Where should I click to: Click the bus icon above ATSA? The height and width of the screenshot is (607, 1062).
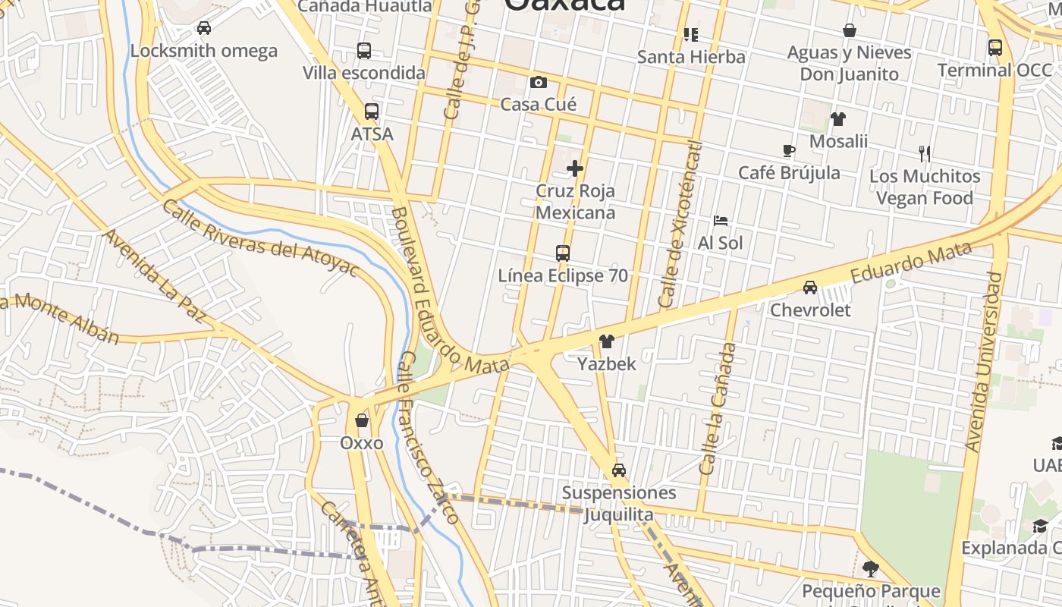coord(371,111)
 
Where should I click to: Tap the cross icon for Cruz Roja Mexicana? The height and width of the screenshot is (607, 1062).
coord(575,168)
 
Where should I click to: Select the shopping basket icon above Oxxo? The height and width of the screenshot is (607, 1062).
coord(362,420)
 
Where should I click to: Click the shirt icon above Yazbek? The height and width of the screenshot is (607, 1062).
coord(606,341)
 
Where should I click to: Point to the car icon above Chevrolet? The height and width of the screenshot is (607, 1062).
coord(810,287)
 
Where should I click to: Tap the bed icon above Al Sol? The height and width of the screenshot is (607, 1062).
coord(721,221)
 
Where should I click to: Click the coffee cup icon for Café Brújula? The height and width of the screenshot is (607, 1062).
coord(789,150)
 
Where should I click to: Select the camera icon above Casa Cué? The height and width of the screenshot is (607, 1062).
coord(539,82)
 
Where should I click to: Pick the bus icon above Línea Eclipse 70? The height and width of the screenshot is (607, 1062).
coord(562,253)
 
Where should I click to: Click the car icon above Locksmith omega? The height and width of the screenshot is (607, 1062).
coord(203,28)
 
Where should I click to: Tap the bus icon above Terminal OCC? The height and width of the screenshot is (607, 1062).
coord(994,47)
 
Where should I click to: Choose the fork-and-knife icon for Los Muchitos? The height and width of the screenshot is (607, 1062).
coord(924,153)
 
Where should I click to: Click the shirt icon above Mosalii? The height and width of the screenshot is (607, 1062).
coord(837,118)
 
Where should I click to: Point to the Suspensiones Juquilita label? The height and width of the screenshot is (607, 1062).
coord(618,503)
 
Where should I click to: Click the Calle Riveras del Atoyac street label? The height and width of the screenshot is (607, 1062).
coord(259,238)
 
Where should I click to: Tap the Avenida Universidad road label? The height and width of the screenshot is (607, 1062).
coord(984,361)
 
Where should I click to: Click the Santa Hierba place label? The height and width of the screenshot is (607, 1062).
coord(691,57)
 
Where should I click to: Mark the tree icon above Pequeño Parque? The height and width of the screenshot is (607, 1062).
coord(871,568)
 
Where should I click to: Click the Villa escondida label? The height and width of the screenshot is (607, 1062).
coord(364,73)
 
